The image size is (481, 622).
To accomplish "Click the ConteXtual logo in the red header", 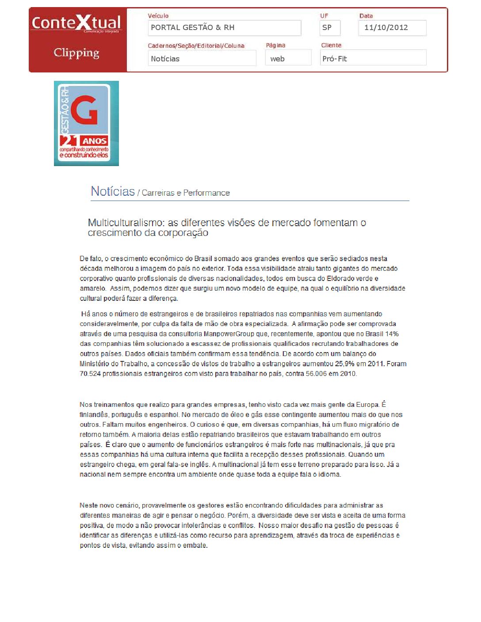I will point(76,23).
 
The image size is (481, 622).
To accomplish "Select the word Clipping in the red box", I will point(76,53).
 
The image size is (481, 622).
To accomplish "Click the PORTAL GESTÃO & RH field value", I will point(193,27).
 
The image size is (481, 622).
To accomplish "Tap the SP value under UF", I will point(327,27).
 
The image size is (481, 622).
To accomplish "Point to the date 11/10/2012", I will point(386,27).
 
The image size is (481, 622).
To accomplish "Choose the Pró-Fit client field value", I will point(335,59).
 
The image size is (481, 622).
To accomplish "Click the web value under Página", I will point(277,59).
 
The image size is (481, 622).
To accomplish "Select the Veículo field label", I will point(158,16).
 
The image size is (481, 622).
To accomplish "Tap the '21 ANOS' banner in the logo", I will point(84,141).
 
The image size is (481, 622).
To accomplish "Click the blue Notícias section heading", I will point(113,191).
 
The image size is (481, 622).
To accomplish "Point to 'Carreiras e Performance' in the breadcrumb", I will point(186,193).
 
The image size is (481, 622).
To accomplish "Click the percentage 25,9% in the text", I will point(344,364).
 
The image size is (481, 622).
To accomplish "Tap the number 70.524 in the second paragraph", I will point(90,374).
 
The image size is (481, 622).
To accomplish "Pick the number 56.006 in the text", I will point(317,374).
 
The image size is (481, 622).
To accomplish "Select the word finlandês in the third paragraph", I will point(94,415).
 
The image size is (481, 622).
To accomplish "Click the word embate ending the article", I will point(195,546).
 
